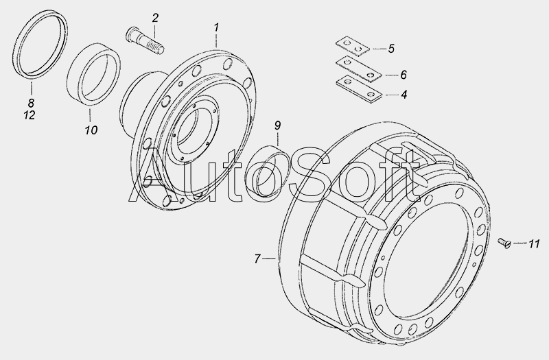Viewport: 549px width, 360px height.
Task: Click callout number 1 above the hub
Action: click(x=217, y=27)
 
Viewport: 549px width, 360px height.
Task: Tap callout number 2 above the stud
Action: click(x=155, y=18)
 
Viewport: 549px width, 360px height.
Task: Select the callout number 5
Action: click(x=391, y=49)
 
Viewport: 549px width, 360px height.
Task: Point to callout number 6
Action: click(x=404, y=75)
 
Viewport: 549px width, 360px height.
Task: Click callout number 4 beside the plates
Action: click(x=404, y=95)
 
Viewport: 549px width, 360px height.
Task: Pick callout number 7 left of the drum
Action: click(x=258, y=259)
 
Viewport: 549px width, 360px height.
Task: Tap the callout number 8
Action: click(x=31, y=103)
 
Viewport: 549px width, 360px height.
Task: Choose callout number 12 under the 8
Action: click(x=30, y=115)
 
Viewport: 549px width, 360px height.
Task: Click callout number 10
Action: click(x=91, y=130)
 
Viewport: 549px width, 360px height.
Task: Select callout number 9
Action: click(x=278, y=125)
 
